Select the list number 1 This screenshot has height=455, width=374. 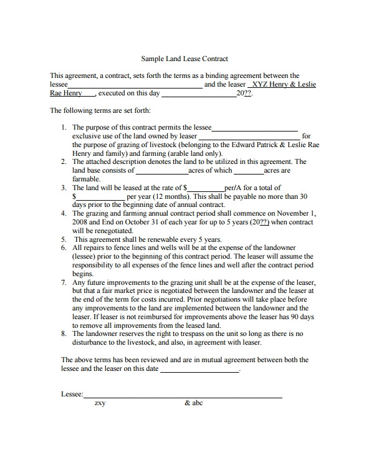pyautogui.click(x=64, y=127)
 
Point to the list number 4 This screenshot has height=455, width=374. pyautogui.click(x=64, y=213)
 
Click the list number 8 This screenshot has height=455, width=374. pyautogui.click(x=64, y=333)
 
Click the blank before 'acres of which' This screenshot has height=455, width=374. pyautogui.click(x=161, y=171)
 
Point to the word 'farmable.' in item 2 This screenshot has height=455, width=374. pyautogui.click(x=87, y=179)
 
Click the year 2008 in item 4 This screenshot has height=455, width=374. pyautogui.click(x=80, y=222)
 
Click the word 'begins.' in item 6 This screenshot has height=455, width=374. pyautogui.click(x=83, y=273)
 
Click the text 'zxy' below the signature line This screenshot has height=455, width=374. pyautogui.click(x=100, y=403)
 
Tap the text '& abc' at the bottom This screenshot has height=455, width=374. pyautogui.click(x=194, y=403)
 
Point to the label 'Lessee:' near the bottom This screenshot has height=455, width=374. pyautogui.click(x=72, y=395)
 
